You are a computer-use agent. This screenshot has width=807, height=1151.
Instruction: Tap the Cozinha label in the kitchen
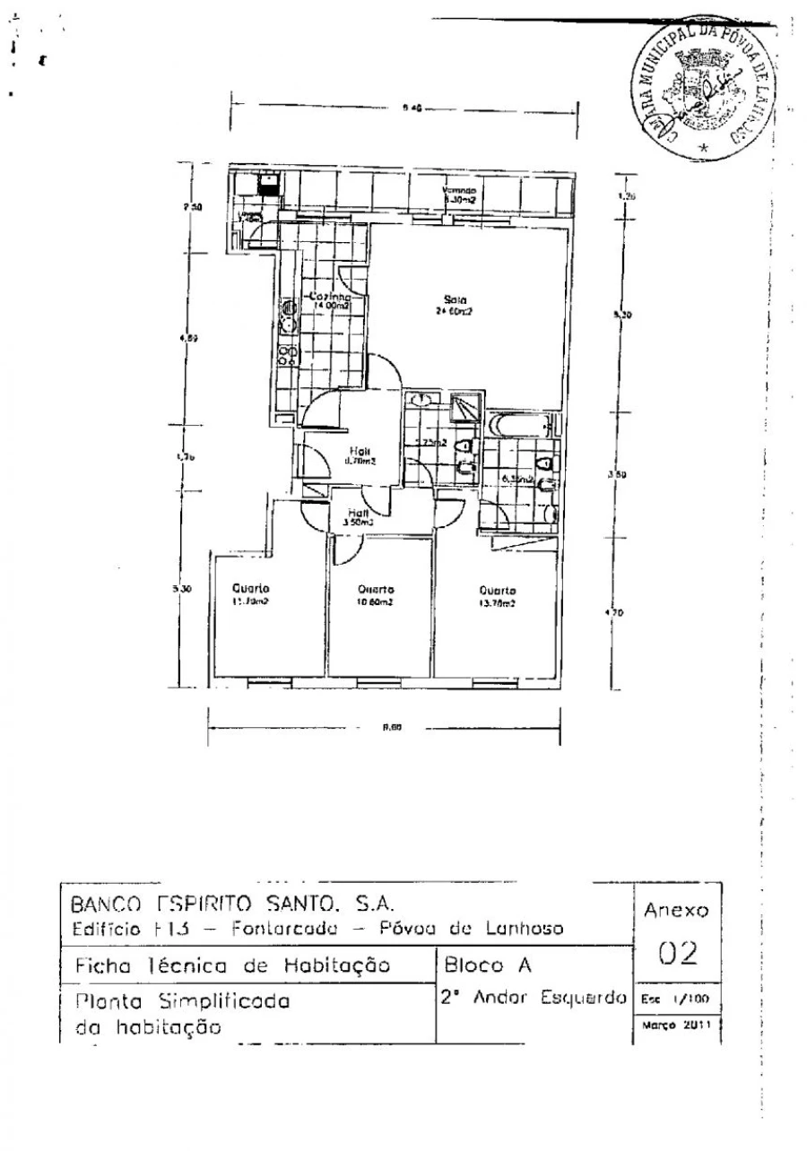click(x=325, y=296)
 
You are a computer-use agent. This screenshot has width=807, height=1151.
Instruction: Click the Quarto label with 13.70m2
click(x=498, y=591)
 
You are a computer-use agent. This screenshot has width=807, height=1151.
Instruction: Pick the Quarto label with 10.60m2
click(x=376, y=590)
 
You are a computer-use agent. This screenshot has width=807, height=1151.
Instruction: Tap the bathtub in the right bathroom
click(x=522, y=425)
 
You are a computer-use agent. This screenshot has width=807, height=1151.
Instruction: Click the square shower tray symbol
click(x=465, y=407)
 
